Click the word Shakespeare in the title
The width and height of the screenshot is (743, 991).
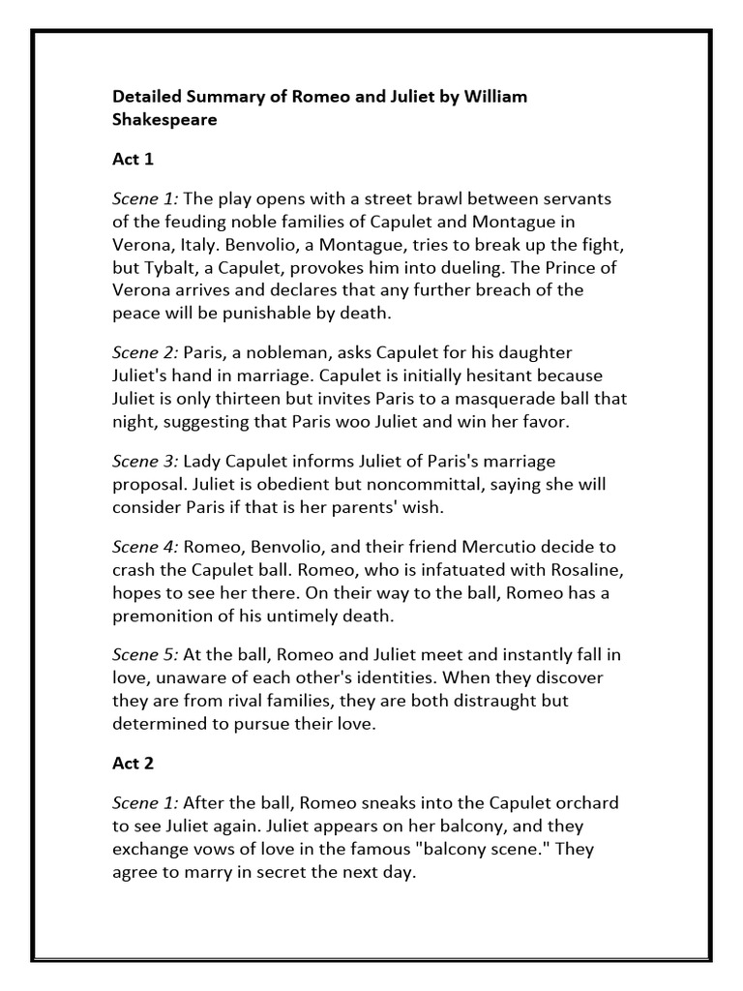tap(165, 121)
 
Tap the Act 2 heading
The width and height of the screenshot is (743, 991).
tap(134, 763)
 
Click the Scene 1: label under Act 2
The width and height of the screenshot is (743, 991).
tap(145, 802)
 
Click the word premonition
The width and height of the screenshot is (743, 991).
tap(170, 616)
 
